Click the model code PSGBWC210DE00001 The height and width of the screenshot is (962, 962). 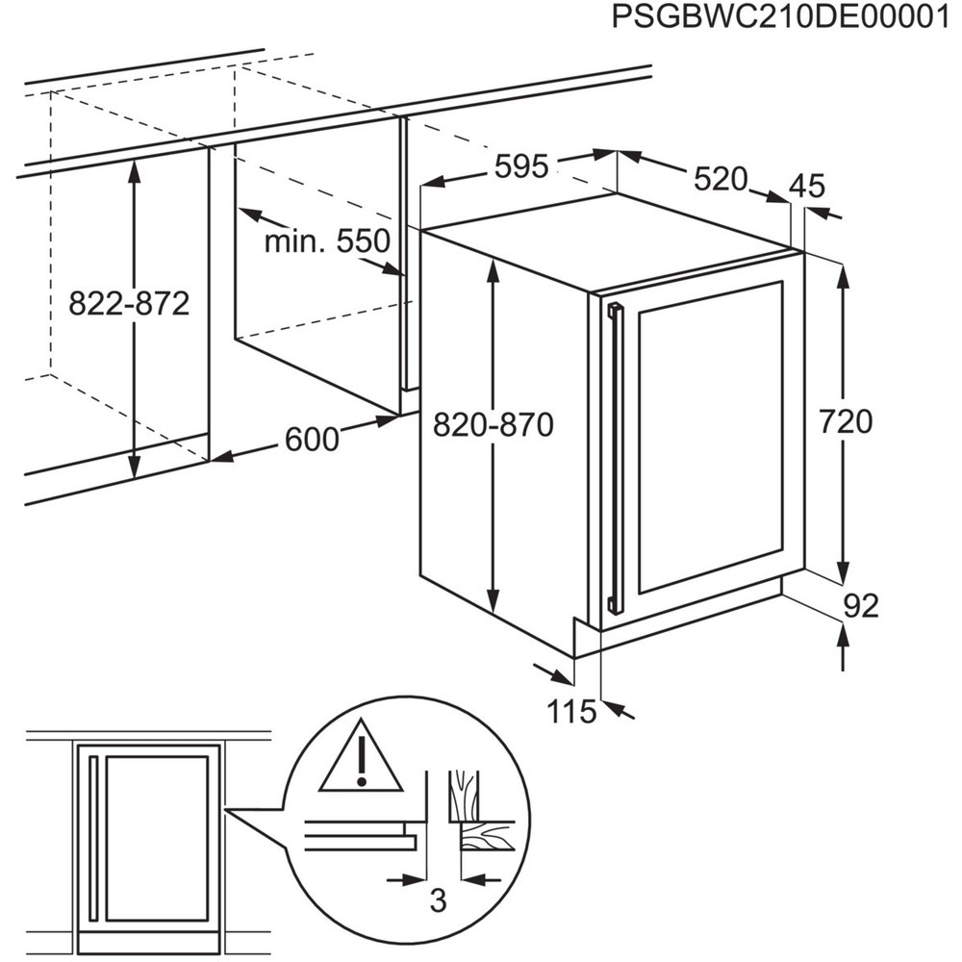tap(780, 17)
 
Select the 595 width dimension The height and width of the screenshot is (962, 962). tap(521, 166)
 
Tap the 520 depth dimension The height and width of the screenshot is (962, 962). tap(721, 179)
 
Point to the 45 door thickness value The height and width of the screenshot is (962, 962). tap(807, 186)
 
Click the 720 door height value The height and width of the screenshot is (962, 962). tap(846, 422)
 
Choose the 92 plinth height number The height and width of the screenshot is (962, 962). tap(861, 606)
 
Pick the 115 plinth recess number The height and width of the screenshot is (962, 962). tap(571, 712)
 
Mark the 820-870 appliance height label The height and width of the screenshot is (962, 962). tap(494, 424)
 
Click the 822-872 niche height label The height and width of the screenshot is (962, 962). tap(129, 303)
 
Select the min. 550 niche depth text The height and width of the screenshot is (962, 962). tap(327, 241)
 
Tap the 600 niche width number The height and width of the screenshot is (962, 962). tap(312, 440)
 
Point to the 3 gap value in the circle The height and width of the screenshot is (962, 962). tap(438, 901)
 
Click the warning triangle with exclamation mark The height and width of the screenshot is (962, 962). tap(362, 756)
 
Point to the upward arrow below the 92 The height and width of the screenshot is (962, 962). tap(844, 646)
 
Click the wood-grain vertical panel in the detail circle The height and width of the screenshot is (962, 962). tap(464, 795)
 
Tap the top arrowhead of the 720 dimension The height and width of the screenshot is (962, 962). tap(845, 275)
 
